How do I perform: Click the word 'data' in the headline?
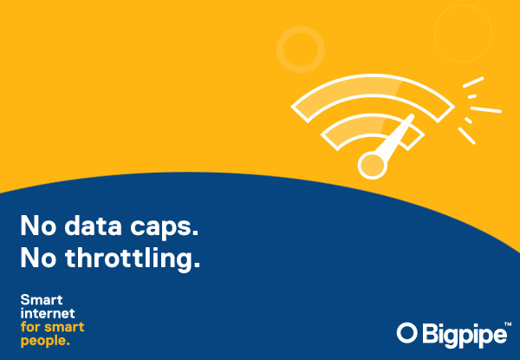[94, 226]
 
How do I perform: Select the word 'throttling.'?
[133, 259]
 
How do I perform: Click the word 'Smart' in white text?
[42, 300]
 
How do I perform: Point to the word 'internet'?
[48, 313]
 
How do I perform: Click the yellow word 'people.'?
[45, 341]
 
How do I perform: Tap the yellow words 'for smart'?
[52, 327]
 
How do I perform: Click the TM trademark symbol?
[507, 324]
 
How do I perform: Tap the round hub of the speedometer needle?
[373, 165]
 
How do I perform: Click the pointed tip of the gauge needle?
[413, 115]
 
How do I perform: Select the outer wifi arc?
[373, 84]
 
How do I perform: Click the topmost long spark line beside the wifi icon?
[473, 82]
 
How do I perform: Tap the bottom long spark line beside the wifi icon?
[466, 135]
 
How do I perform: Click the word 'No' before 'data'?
[38, 226]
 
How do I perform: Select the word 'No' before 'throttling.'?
[38, 258]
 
